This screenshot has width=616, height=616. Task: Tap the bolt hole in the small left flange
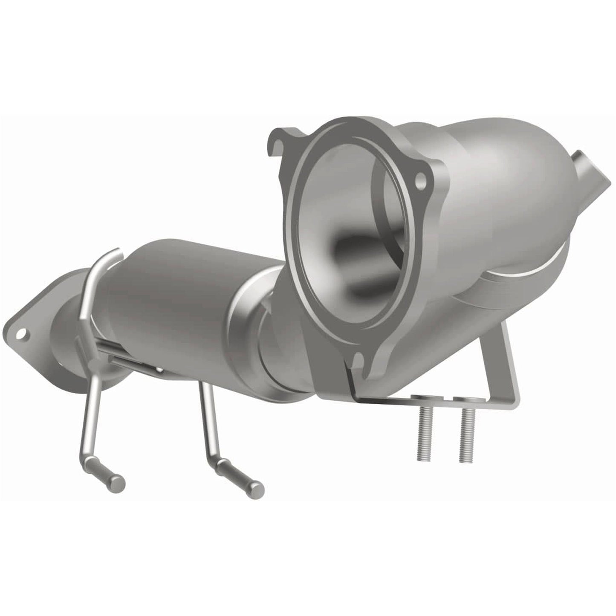pos(21,332)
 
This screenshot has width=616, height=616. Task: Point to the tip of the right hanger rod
pos(258,487)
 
